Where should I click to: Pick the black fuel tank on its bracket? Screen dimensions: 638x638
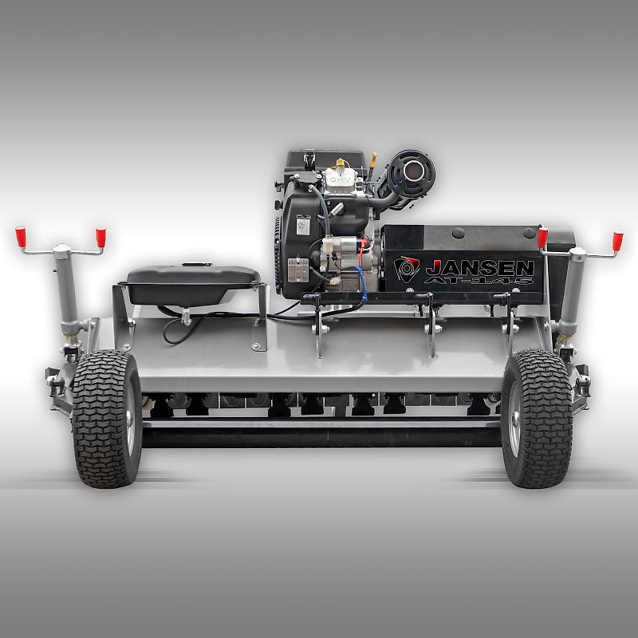[x=191, y=283]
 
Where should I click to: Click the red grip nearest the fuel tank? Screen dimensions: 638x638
[x=101, y=237]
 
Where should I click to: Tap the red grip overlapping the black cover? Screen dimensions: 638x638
[x=542, y=237]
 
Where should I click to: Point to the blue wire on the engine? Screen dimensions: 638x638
[x=360, y=278]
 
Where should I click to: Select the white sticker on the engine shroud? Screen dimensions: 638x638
[x=303, y=226]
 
